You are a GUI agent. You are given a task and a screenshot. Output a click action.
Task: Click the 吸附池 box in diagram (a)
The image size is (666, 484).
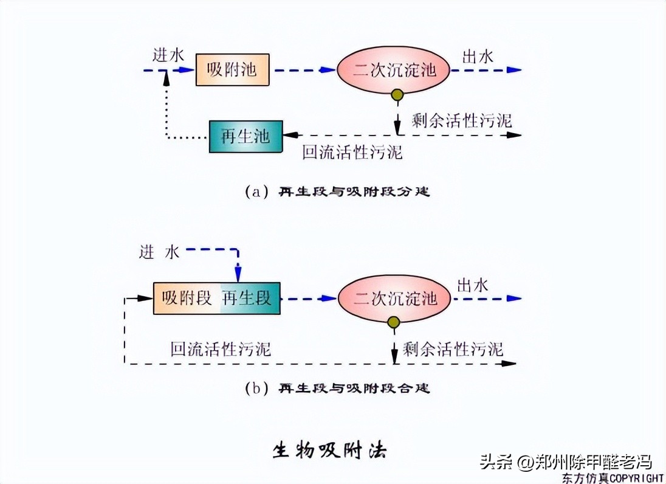tap(232, 69)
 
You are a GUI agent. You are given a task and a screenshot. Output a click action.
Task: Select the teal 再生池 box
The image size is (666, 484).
tap(245, 136)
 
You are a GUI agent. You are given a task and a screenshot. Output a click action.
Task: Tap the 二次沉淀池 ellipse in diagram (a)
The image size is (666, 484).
tap(395, 70)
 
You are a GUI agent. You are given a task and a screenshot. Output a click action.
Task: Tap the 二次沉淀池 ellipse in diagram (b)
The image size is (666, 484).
tap(395, 299)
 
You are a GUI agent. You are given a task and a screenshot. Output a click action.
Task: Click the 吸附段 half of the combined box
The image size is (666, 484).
tap(187, 298)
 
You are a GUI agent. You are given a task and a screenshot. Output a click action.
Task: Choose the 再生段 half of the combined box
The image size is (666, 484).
tap(249, 298)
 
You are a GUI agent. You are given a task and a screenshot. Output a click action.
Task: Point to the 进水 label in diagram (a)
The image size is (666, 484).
tap(168, 56)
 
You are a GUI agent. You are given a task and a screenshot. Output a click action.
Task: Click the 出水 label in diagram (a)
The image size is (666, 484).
tap(478, 57)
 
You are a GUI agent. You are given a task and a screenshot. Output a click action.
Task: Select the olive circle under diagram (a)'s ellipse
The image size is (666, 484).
tap(397, 95)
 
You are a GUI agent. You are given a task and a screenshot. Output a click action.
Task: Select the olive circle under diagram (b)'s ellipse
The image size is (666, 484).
tap(394, 323)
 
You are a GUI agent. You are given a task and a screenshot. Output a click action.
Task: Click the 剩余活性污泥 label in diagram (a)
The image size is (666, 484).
tap(461, 120)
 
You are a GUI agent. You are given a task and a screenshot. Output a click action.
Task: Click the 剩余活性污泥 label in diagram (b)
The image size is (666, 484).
tap(452, 348)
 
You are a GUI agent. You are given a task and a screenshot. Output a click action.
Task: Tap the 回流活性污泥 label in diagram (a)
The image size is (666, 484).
tap(352, 152)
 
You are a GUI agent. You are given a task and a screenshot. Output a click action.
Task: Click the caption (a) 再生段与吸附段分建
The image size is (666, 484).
tap(337, 192)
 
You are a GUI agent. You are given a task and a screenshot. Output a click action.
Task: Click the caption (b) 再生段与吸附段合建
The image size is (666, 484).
tap(337, 388)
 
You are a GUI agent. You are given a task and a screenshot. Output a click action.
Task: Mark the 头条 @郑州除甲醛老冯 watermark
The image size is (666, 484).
tap(565, 461)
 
